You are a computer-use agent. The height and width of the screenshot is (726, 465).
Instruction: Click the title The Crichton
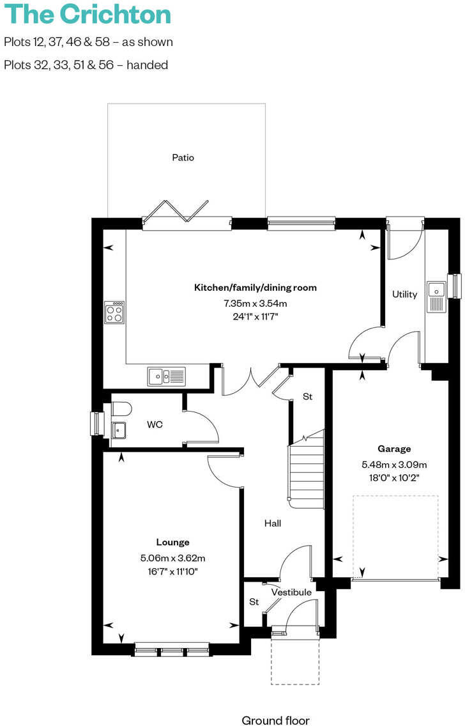tap(88, 14)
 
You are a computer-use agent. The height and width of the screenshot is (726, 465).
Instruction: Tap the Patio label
tap(183, 157)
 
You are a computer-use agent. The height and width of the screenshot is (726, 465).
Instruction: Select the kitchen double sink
tap(166, 376)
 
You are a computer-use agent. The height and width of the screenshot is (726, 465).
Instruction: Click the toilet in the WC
tap(121, 408)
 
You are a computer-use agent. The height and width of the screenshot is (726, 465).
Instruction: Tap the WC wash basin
tap(119, 430)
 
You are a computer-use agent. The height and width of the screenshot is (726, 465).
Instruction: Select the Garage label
tap(393, 449)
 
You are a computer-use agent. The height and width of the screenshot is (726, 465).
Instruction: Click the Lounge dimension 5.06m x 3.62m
tap(172, 557)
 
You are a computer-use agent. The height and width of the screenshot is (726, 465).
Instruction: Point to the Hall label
tap(273, 523)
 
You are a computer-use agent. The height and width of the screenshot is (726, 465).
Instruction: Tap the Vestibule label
tap(291, 592)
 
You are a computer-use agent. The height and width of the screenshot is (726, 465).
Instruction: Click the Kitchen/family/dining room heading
tap(255, 288)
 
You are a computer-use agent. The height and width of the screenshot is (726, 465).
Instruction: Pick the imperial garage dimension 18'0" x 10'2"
tap(393, 477)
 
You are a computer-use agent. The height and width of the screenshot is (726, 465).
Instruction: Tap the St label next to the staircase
tap(307, 397)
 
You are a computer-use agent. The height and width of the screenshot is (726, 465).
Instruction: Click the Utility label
tap(404, 295)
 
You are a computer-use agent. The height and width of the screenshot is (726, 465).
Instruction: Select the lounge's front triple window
tap(172, 651)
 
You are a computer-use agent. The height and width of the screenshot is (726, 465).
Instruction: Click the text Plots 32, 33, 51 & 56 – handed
tap(86, 65)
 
